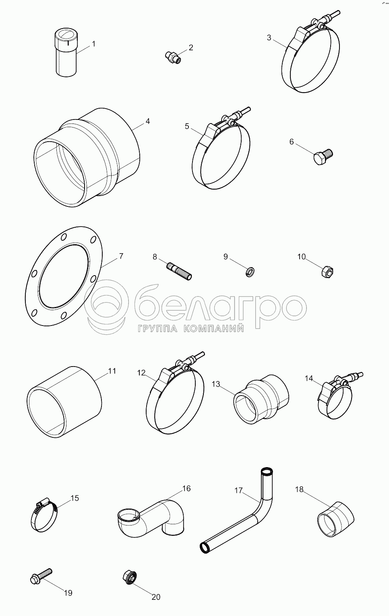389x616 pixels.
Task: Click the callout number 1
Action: (93, 44)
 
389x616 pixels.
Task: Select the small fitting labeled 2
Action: (173, 57)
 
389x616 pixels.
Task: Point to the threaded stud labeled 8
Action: (179, 271)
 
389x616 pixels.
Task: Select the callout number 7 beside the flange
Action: (121, 256)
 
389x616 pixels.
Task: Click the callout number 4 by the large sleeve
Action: (147, 121)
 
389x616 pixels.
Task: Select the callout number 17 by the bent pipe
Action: (238, 490)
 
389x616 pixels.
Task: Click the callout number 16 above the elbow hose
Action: (186, 488)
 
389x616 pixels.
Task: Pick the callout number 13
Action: (216, 384)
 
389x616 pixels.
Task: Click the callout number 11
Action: (112, 371)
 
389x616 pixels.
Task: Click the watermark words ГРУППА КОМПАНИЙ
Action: (190, 329)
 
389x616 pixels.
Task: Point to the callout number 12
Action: (141, 373)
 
